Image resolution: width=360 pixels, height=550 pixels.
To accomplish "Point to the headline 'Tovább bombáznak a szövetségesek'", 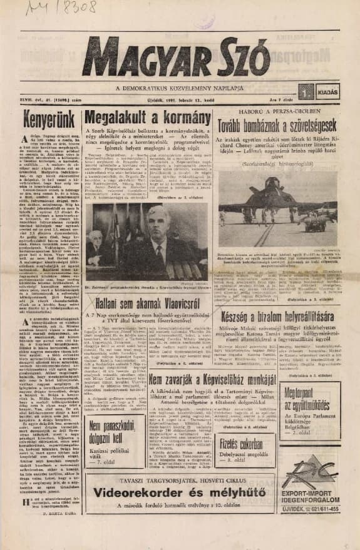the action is click(278, 126).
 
